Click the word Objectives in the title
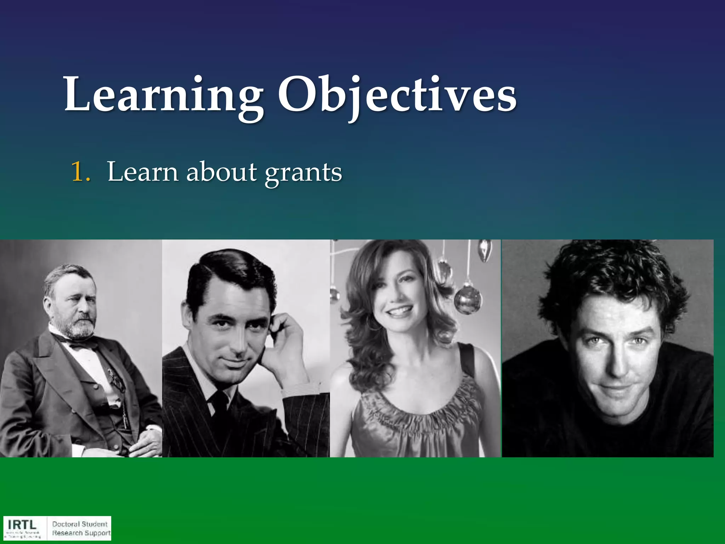tap(396, 95)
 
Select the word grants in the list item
tap(304, 173)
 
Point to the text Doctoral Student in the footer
tap(80, 524)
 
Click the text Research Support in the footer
tap(81, 533)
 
